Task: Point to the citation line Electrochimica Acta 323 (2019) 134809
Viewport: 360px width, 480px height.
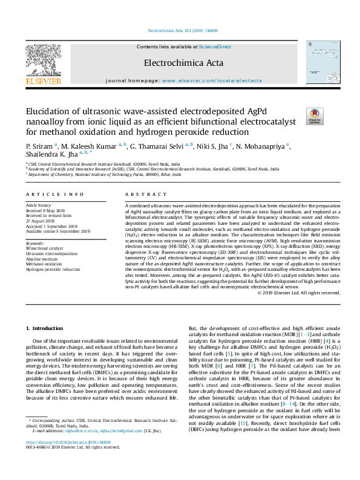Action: click(179, 30)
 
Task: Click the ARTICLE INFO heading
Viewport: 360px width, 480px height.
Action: click(54, 195)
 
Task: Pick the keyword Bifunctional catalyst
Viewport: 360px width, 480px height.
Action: click(44, 248)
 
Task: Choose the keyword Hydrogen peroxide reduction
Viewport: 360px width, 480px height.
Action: click(53, 270)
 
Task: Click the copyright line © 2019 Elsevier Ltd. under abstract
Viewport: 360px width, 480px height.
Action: click(299, 292)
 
